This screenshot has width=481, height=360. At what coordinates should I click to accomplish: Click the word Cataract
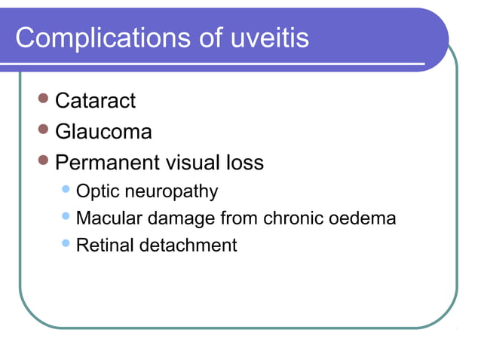[x=95, y=100]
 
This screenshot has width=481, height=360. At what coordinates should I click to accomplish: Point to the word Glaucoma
[x=103, y=132]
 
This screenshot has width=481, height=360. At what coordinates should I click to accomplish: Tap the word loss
[x=245, y=163]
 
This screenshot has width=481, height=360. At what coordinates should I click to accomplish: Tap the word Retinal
[x=105, y=245]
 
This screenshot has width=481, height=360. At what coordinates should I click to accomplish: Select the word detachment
[x=188, y=245]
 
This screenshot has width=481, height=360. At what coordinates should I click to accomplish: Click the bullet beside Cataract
[x=43, y=99]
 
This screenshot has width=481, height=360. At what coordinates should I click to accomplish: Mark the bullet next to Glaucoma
[x=43, y=130]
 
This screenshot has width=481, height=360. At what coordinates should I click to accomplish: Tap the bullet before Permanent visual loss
[x=43, y=161]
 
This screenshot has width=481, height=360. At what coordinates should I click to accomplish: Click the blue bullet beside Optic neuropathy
[x=66, y=190]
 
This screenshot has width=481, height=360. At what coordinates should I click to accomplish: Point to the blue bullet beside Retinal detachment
[x=66, y=243]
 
